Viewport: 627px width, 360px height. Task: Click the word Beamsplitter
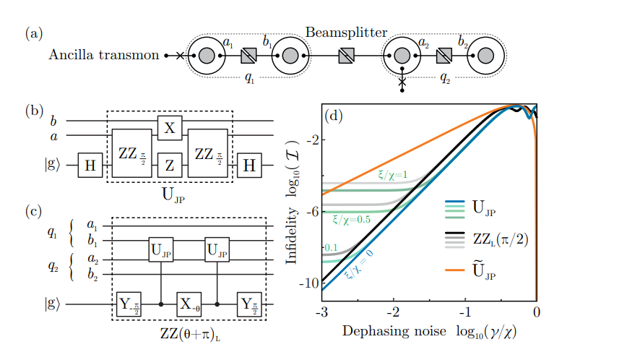(346, 33)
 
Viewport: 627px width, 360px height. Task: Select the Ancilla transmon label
(104, 55)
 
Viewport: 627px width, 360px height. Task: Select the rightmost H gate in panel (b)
(248, 164)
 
